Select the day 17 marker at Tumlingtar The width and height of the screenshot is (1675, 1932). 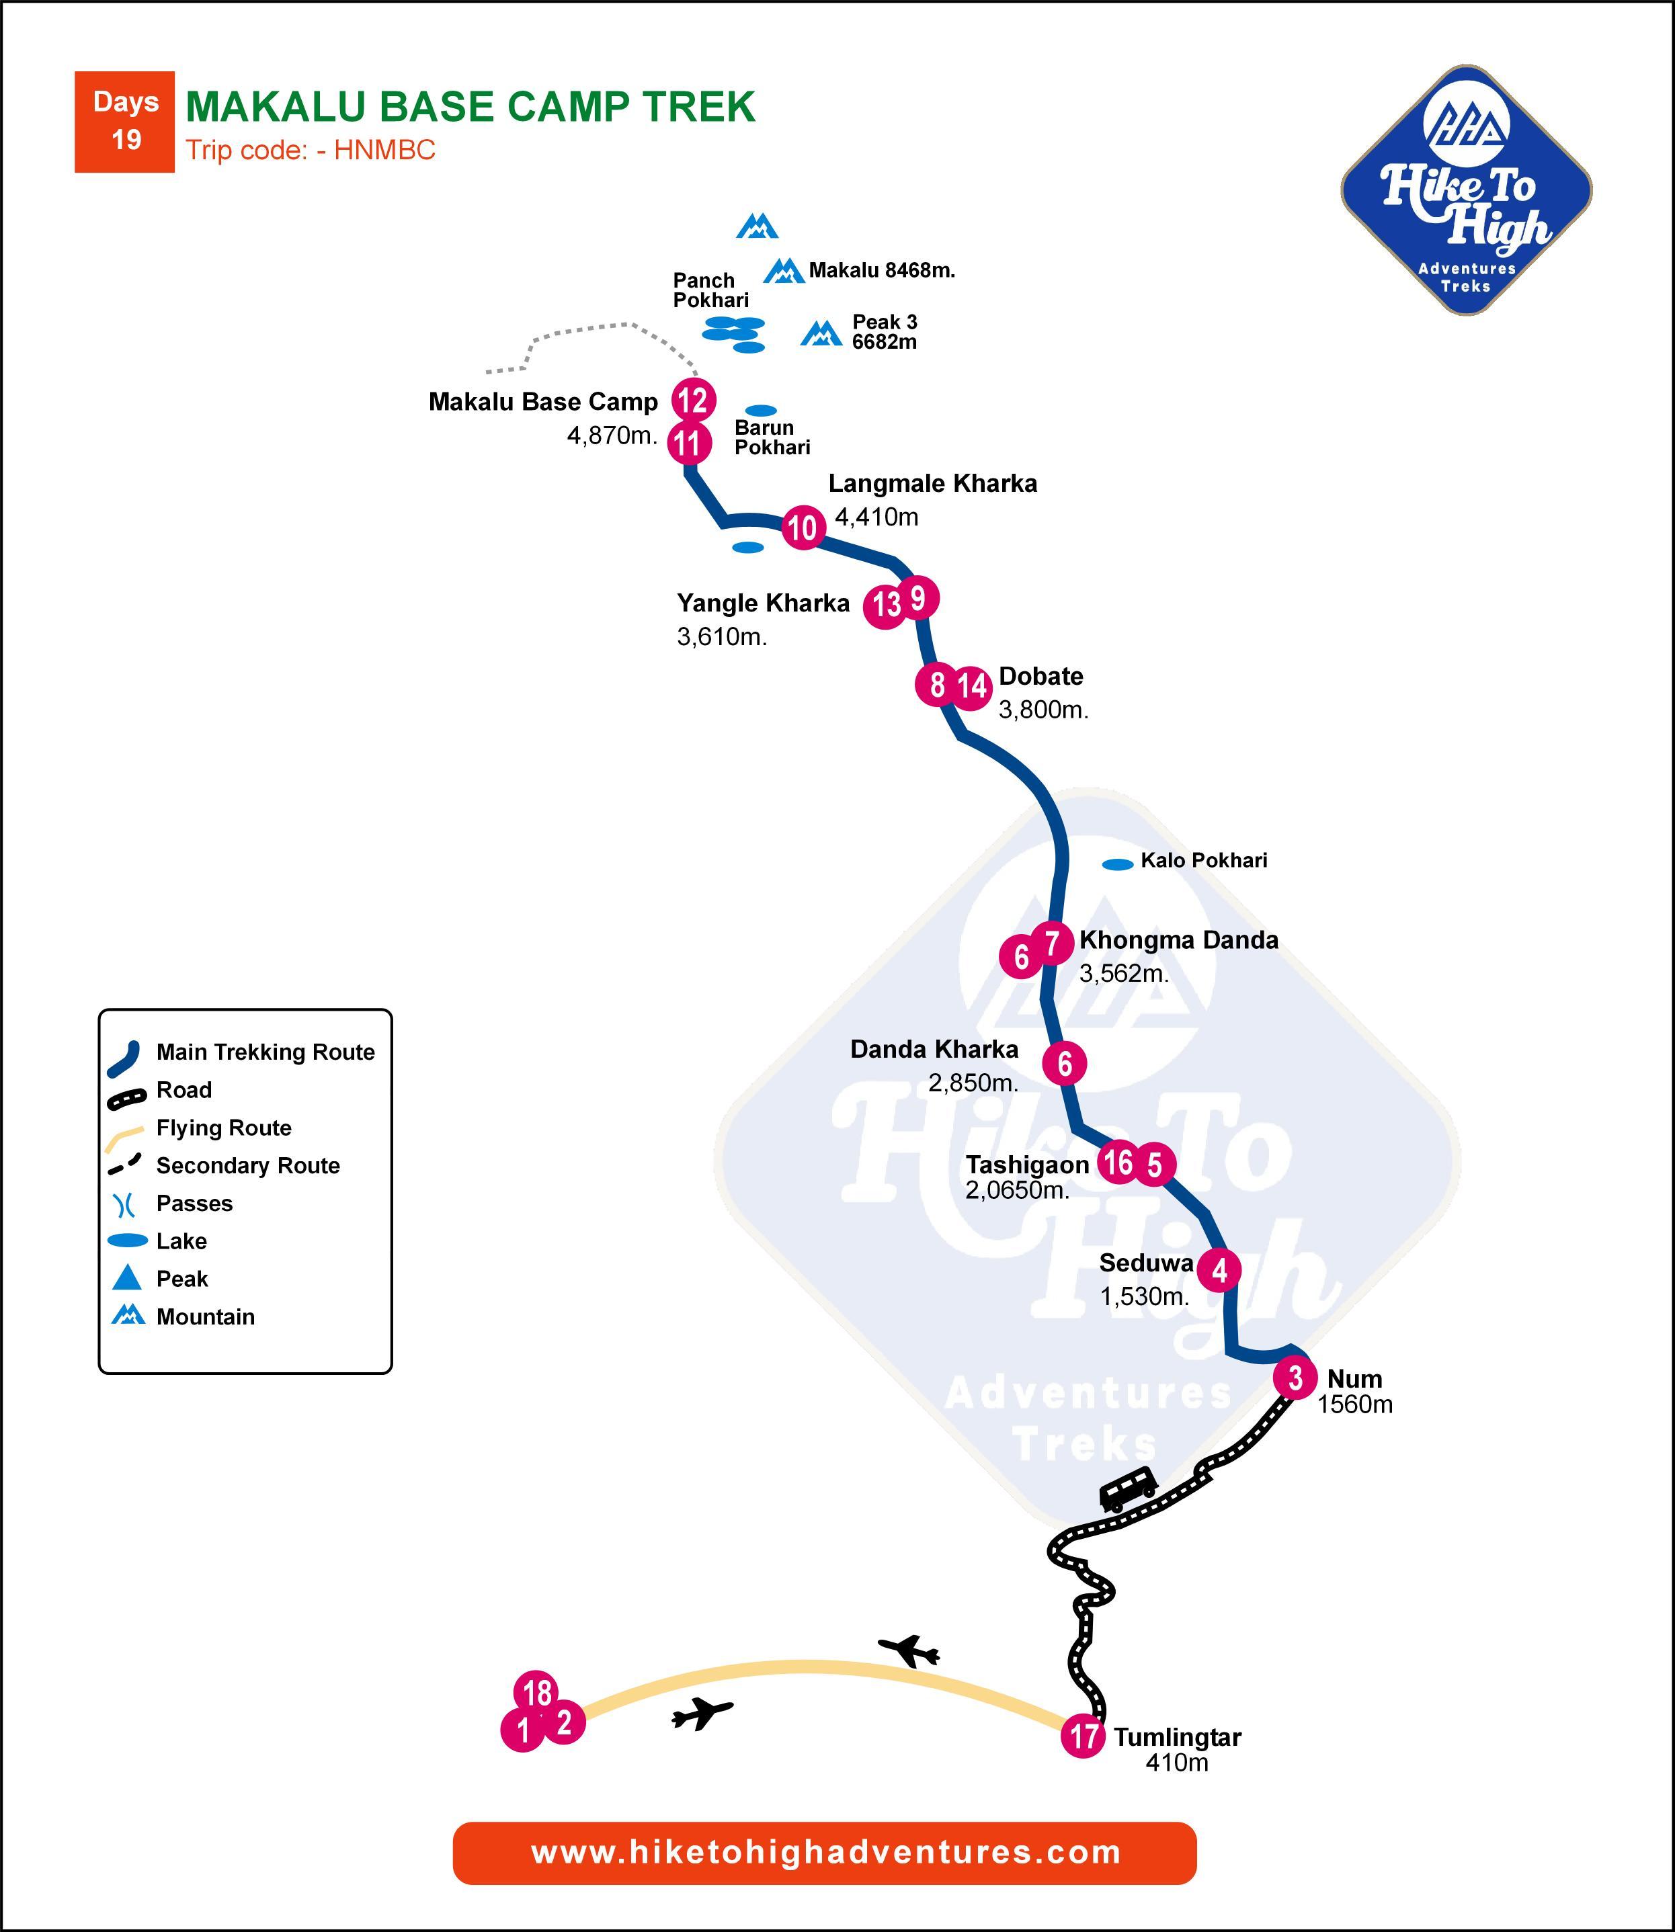click(1084, 1736)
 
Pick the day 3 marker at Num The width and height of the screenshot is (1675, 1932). click(1295, 1377)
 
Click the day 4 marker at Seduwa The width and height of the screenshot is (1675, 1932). click(1219, 1270)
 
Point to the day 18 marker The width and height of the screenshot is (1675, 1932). click(536, 1692)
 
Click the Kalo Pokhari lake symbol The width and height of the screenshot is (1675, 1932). click(1118, 865)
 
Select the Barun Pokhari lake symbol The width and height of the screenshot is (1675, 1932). click(761, 411)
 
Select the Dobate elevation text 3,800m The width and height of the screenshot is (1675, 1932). click(1043, 710)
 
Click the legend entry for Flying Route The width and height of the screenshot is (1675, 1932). click(223, 1128)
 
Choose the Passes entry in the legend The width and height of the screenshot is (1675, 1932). click(194, 1203)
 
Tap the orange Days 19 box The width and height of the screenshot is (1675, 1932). click(124, 122)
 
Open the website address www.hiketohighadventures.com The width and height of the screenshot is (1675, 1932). click(825, 1853)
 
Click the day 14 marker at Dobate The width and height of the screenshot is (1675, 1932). click(972, 687)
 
